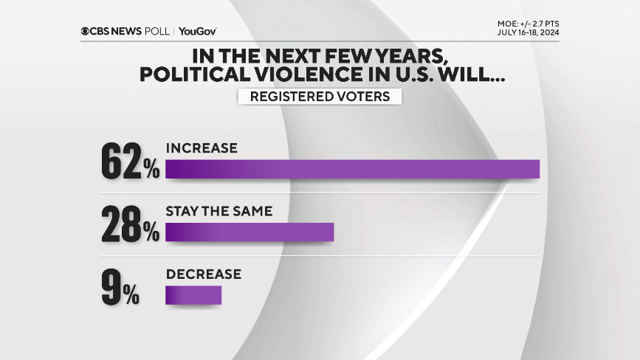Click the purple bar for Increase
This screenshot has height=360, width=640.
pyautogui.click(x=352, y=169)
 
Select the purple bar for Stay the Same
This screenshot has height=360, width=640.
pyautogui.click(x=250, y=232)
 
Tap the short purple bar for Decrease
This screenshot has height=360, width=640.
pyautogui.click(x=193, y=295)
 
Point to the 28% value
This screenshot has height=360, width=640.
pyautogui.click(x=130, y=226)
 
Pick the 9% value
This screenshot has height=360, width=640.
pyautogui.click(x=120, y=289)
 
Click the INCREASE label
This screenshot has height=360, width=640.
pyautogui.click(x=202, y=148)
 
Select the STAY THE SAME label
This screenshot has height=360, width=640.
pyautogui.click(x=219, y=211)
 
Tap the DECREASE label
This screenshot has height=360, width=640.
pyautogui.click(x=203, y=274)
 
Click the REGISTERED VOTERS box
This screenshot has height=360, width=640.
pyautogui.click(x=320, y=97)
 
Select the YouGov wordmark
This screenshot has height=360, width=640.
pyautogui.click(x=197, y=31)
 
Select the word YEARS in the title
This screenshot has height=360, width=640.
pyautogui.click(x=413, y=56)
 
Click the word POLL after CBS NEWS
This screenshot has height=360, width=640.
pyautogui.click(x=156, y=31)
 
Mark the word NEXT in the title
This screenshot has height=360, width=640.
pyautogui.click(x=306, y=56)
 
